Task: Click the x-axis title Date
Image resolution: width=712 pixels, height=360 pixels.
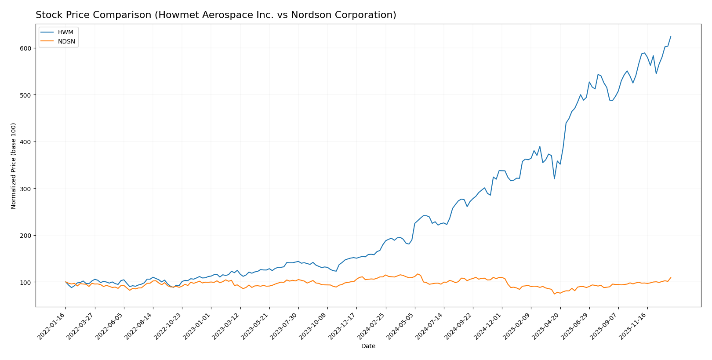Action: coord(368,346)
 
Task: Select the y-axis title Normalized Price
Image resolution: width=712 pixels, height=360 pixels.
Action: coord(14,166)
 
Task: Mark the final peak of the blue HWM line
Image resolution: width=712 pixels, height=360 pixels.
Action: coord(671,36)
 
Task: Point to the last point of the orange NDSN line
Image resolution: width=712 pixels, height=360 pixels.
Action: coord(671,277)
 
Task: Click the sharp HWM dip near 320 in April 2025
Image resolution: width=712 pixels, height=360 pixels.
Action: coord(554,178)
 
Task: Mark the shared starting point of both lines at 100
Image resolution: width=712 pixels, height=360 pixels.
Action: coord(65,282)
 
